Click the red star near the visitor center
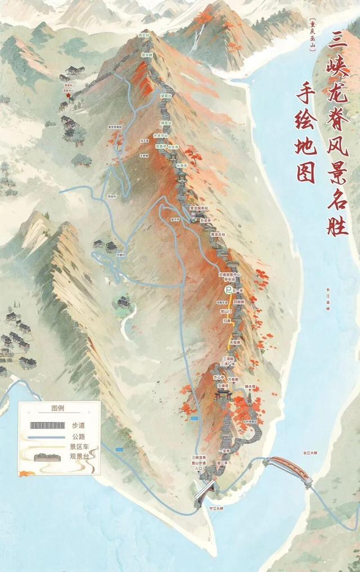[69, 96]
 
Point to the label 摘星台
[166, 123]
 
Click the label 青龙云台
[218, 234]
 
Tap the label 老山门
[226, 310]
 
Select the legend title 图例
[58, 408]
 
